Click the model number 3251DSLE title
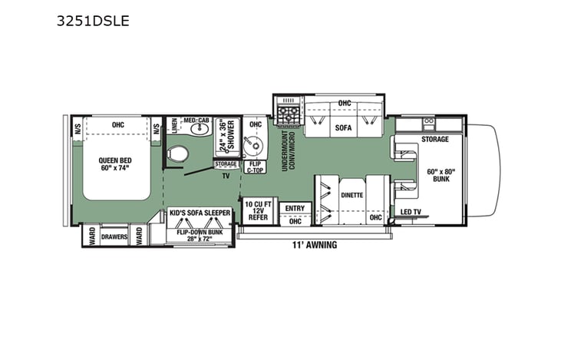(93, 21)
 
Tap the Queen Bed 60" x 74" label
(117, 163)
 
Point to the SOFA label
(342, 128)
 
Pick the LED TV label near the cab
(410, 211)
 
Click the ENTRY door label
(294, 207)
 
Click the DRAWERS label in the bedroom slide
(114, 237)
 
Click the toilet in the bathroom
(178, 153)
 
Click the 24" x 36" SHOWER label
(226, 134)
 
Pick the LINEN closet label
(174, 126)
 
